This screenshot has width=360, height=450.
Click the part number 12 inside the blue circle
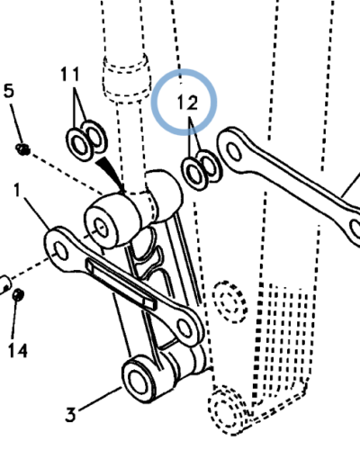[x=187, y=103]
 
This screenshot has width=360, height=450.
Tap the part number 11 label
[x=70, y=74]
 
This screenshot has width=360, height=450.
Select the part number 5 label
[x=9, y=90]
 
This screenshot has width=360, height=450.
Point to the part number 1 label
[x=17, y=190]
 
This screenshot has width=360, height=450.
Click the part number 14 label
[x=18, y=350]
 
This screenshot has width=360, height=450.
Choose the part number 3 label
[x=71, y=415]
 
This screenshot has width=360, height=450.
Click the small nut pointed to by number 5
[x=23, y=148]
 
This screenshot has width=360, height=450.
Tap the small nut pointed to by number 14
[x=18, y=294]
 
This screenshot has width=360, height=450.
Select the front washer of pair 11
[x=78, y=144]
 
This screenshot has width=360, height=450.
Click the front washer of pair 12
[x=194, y=174]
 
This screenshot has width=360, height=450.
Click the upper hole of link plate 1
[x=61, y=251]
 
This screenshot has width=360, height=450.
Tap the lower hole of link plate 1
[x=184, y=328]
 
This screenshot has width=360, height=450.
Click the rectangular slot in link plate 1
[x=121, y=283]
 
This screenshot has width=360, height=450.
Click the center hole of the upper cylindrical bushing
[x=101, y=228]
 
